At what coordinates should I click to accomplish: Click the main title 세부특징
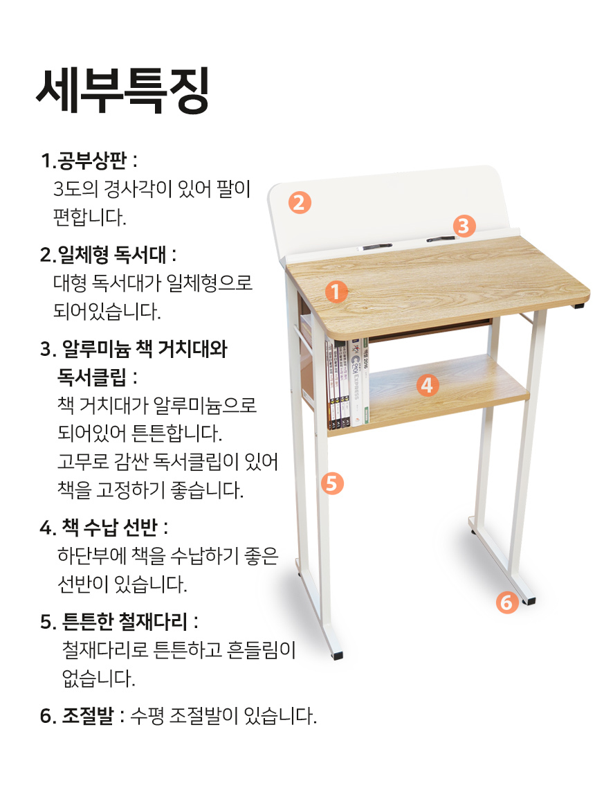[122, 91]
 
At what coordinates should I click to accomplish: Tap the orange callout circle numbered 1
[336, 292]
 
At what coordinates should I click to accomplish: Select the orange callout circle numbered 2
[300, 202]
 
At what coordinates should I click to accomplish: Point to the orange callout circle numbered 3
[464, 226]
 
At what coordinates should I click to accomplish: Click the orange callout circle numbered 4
[427, 385]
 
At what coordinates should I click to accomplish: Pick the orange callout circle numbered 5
[333, 483]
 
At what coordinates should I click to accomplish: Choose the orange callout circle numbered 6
[506, 602]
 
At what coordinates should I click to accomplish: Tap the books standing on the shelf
[347, 383]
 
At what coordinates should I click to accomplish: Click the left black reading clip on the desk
[377, 247]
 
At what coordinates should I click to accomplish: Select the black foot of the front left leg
[337, 655]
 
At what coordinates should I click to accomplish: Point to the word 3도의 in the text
[75, 189]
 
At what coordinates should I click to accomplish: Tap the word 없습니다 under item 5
[98, 679]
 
